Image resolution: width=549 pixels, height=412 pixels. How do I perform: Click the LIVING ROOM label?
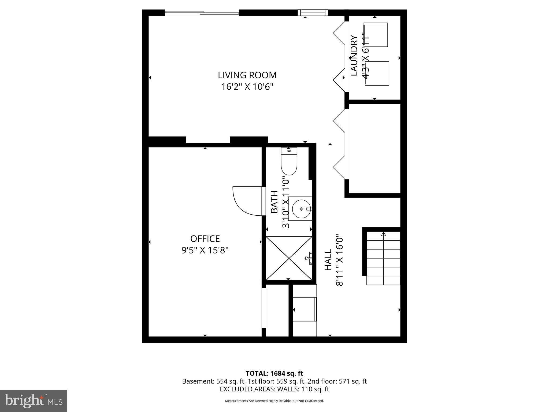click(247, 75)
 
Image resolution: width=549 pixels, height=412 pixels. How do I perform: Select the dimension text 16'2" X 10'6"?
click(247, 87)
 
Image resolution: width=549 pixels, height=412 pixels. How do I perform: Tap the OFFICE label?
click(205, 238)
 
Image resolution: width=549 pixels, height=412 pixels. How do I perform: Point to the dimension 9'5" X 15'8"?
click(205, 250)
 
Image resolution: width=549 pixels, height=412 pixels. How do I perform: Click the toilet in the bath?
click(289, 162)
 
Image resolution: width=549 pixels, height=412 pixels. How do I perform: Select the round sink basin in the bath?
click(301, 209)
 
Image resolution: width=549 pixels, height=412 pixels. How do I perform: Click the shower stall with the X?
click(289, 258)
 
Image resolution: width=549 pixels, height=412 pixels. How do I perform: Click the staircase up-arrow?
click(383, 234)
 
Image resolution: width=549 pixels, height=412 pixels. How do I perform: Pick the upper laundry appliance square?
click(376, 35)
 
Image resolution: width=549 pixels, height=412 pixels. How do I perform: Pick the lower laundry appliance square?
click(377, 73)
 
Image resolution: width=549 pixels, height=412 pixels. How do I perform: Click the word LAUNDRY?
click(354, 56)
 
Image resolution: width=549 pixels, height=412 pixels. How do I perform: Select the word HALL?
click(328, 260)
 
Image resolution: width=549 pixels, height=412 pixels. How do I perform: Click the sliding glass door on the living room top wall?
click(202, 13)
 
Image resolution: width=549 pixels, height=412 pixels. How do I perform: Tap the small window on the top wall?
click(313, 13)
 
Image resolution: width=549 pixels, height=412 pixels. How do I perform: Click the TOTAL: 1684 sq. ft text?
click(274, 373)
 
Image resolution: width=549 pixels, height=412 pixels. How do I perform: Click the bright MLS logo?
click(34, 401)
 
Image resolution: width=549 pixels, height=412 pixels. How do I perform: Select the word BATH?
click(274, 202)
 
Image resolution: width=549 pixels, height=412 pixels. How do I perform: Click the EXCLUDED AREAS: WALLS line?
click(274, 389)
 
